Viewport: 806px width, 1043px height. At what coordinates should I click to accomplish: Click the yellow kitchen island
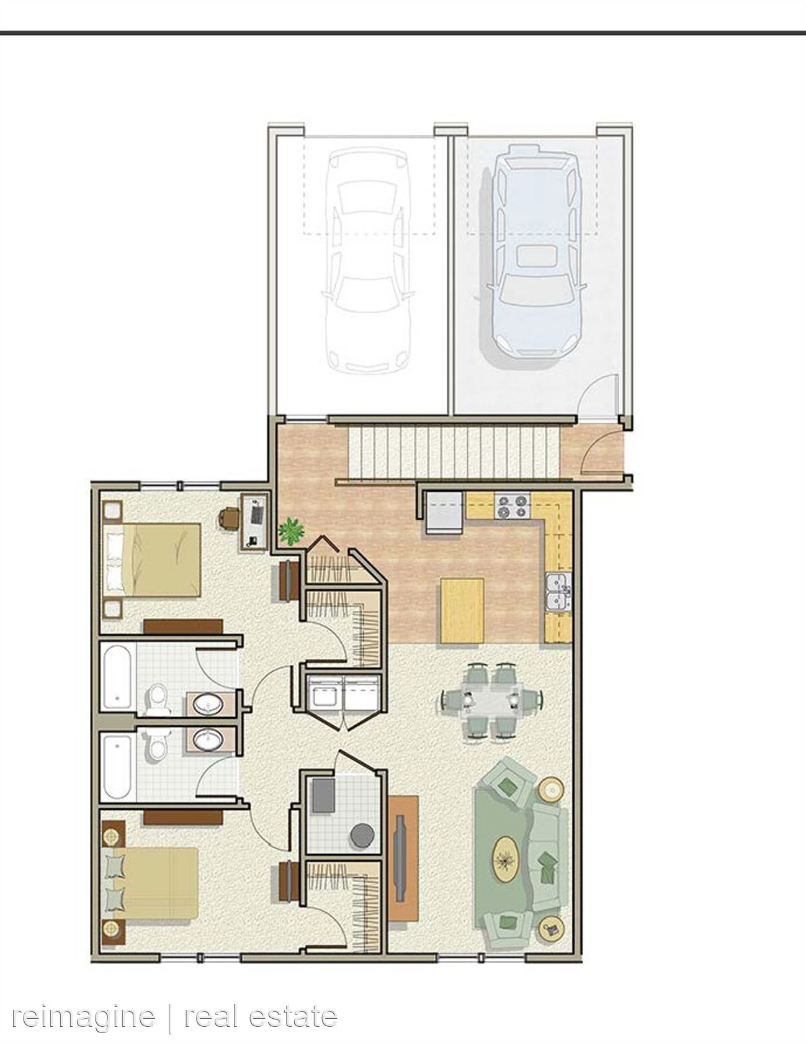pos(462,610)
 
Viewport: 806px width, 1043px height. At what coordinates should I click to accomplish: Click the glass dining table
pos(492,700)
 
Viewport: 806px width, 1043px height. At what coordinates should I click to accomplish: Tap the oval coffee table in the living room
pos(506,859)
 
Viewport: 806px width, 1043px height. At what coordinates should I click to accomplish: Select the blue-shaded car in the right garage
pos(535,251)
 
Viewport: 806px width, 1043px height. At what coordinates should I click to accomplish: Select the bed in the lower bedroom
pos(151,884)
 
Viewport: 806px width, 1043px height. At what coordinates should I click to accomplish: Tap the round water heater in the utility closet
pos(362,835)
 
